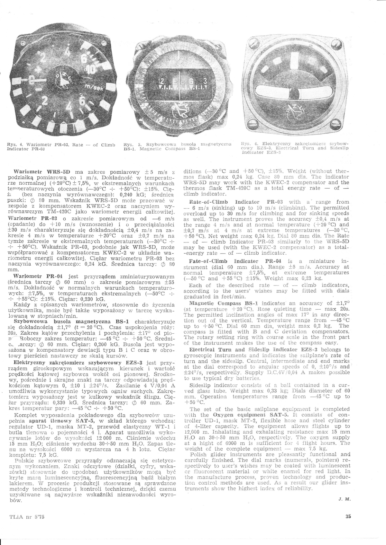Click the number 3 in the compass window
tap(205, 82)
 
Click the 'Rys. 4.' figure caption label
tap(14, 145)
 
